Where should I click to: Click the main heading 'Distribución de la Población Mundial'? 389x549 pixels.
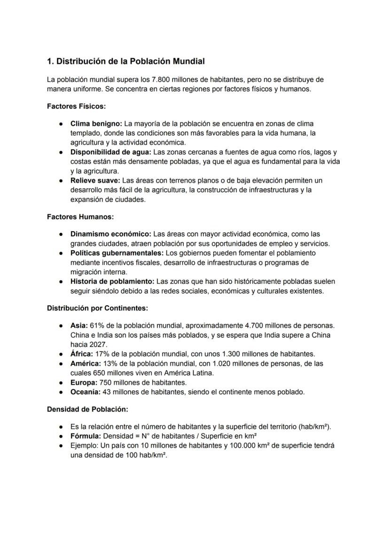pos(125,62)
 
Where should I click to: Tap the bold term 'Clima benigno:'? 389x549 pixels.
pos(96,124)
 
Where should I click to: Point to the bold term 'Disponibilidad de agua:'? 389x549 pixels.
pos(111,152)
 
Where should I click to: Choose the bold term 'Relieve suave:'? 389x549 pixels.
pos(95,180)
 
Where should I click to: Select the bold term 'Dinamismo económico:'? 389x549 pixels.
pos(111,234)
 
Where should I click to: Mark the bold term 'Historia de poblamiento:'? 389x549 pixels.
pos(112,281)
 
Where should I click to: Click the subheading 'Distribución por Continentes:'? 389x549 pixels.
pos(97,308)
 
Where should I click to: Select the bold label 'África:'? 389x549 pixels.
pos(82,354)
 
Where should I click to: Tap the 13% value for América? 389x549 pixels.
pos(111,363)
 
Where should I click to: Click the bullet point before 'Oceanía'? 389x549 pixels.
pos(61,392)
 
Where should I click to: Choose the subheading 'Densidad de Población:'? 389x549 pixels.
pos(87,409)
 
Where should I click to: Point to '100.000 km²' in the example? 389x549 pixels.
pos(249,445)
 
